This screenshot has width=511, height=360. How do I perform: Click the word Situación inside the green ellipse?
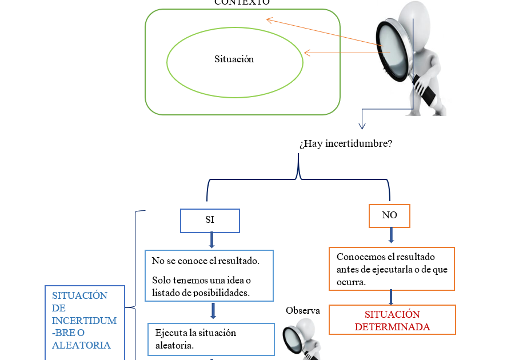[234, 59]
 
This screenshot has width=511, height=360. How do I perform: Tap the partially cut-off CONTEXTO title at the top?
[242, 2]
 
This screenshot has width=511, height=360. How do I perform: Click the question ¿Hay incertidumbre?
[345, 143]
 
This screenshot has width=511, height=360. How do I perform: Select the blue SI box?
[210, 221]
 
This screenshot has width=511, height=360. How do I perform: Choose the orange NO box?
[389, 215]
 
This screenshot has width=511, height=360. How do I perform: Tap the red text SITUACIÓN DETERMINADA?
[392, 320]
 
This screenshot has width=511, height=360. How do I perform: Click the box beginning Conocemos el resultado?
[392, 269]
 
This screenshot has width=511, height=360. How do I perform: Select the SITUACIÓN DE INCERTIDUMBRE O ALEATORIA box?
[85, 321]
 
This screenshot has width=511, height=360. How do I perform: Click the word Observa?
[303, 310]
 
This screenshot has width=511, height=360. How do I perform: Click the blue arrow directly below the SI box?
[211, 240]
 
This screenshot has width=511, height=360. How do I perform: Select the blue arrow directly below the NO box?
[392, 235]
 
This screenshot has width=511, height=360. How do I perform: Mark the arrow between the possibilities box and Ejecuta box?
[213, 311]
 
